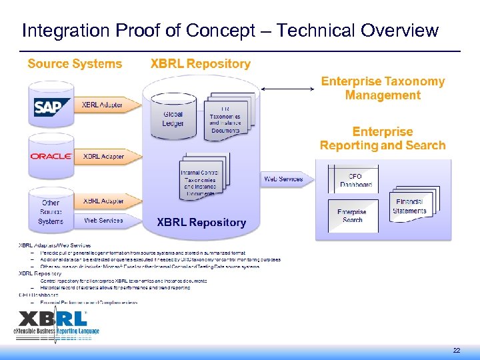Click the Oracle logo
click(51, 156)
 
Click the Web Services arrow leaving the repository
click(285, 179)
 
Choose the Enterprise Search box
click(351, 215)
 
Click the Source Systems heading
click(75, 64)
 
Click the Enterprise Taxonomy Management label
click(383, 88)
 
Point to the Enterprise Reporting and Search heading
click(383, 139)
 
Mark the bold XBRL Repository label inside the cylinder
click(201, 223)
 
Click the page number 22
click(457, 350)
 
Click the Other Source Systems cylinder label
click(51, 212)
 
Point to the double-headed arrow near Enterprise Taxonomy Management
click(287, 89)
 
